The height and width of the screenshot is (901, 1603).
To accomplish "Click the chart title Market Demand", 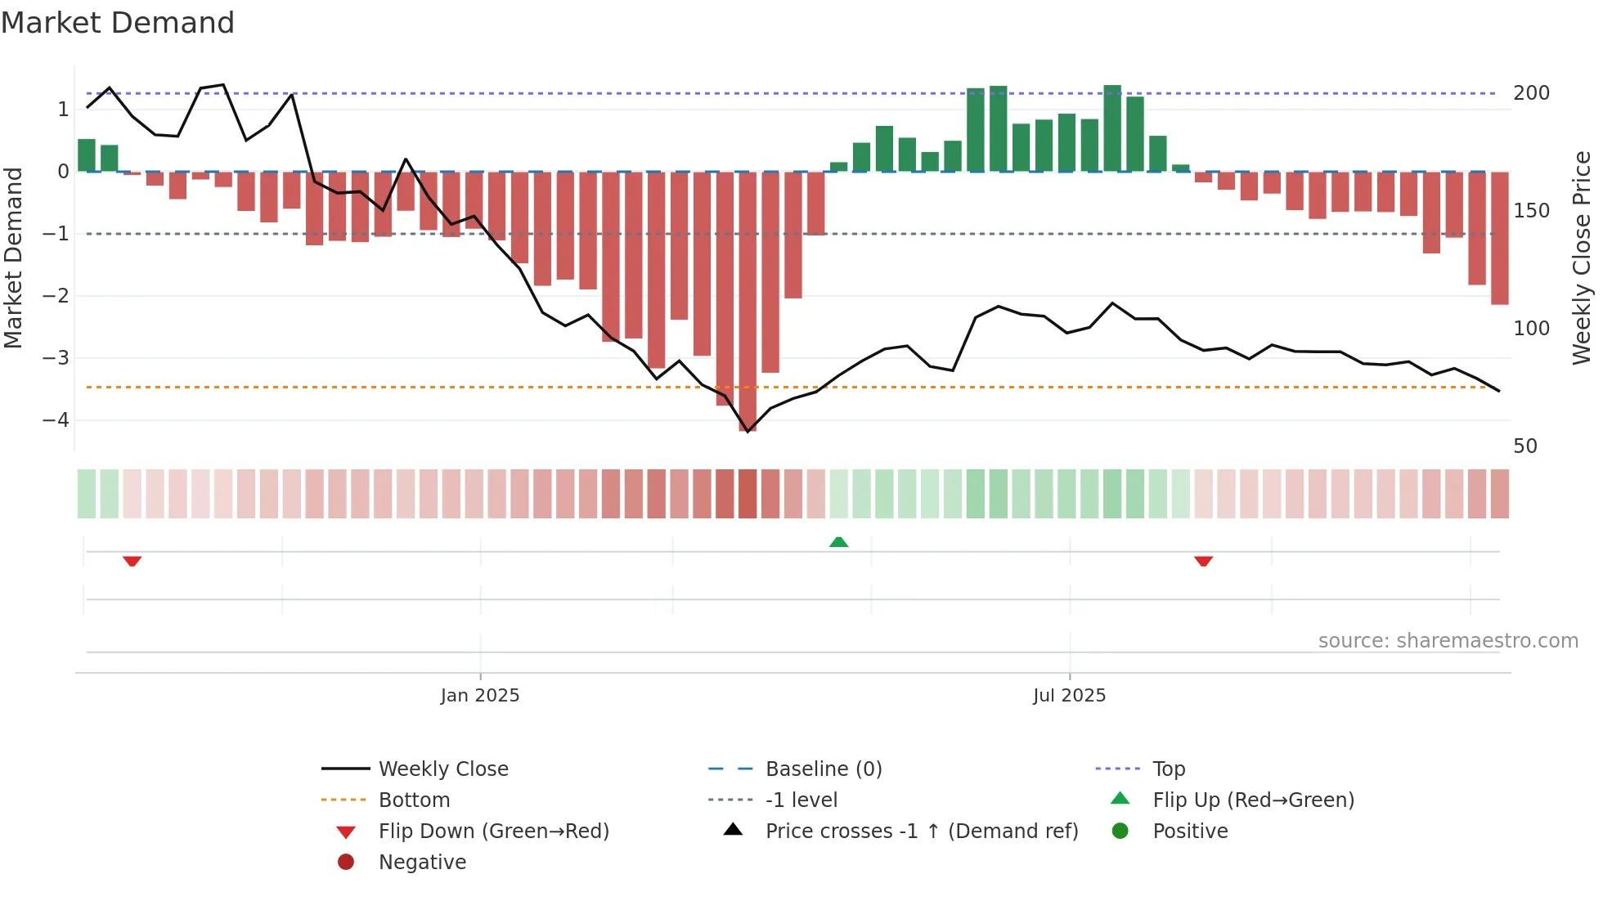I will (x=118, y=23).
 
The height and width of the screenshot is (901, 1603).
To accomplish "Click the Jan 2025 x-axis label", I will (x=479, y=696).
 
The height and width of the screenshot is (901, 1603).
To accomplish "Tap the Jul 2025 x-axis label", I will (x=1069, y=696).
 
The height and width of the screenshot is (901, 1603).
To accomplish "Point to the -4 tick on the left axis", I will (x=56, y=420).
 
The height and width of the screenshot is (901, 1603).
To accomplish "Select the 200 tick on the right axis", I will (x=1531, y=93).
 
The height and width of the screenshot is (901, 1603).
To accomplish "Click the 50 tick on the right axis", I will (x=1525, y=446).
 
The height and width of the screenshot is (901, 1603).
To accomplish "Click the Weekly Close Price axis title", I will (x=1582, y=258).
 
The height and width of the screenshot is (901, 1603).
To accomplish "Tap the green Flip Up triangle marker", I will (x=838, y=542).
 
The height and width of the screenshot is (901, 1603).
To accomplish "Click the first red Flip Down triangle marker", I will (x=132, y=561).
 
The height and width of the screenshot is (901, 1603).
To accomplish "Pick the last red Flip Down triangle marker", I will (x=1203, y=561).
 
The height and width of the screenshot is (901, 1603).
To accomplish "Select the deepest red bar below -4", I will (x=748, y=303).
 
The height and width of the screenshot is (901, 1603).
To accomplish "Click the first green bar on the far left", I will (x=87, y=155).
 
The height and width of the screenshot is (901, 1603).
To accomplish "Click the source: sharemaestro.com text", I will (x=1448, y=641).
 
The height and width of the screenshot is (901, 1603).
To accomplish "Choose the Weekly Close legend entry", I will (x=442, y=769).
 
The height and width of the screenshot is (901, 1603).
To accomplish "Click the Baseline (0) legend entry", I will (x=823, y=769).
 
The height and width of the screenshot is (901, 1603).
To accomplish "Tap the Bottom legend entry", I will (x=414, y=800).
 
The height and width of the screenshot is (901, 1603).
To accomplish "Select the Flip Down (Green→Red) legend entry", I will (x=493, y=832).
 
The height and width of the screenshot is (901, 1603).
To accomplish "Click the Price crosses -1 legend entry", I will (x=921, y=832).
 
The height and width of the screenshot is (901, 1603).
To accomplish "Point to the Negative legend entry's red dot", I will (x=346, y=863).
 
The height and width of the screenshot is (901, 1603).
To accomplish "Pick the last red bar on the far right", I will (x=1499, y=239).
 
